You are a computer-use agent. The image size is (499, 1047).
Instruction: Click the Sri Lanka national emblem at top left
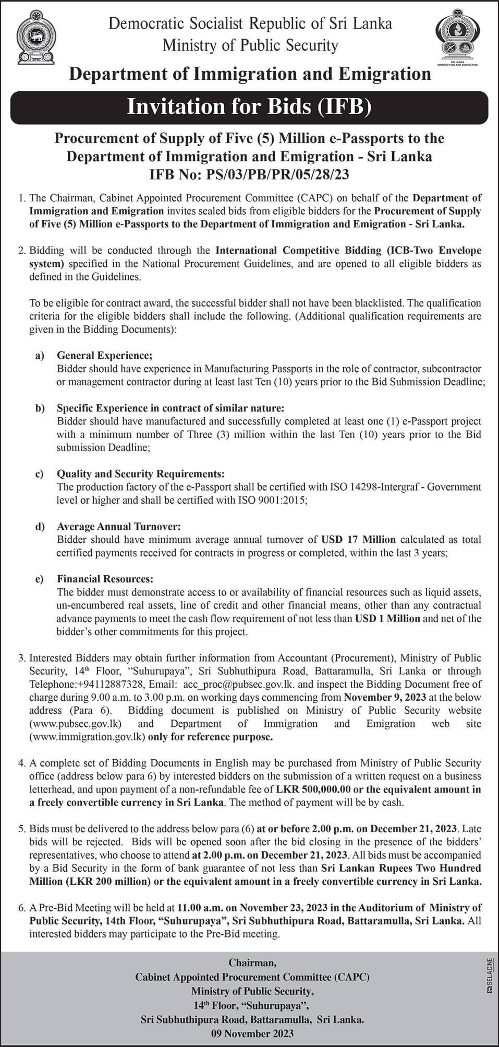35,40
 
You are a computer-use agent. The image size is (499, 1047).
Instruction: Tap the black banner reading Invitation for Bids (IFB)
249,107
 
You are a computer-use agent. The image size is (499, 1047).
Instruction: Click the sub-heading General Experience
104,356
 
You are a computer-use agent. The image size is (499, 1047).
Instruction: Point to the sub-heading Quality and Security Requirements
141,474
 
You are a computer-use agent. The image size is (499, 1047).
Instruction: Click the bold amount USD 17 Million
358,540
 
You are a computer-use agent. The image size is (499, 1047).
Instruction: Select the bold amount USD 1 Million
387,618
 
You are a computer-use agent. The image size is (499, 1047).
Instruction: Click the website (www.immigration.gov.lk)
88,737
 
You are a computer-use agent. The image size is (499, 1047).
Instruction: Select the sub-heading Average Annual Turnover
118,527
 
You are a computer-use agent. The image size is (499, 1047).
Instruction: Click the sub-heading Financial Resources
105,579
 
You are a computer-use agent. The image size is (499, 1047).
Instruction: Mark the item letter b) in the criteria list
40,408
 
